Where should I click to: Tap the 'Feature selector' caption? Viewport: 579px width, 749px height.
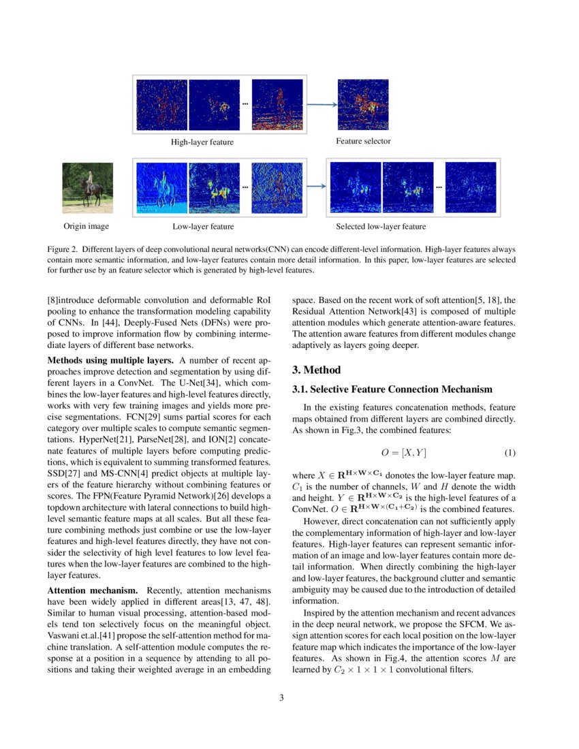363,142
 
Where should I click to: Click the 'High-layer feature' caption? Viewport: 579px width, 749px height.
202,142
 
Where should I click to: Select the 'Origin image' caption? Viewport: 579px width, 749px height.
87,226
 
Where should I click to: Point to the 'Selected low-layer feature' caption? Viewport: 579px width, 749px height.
381,227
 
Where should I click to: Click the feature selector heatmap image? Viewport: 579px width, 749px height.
364,105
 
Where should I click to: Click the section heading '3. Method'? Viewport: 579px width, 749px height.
317,370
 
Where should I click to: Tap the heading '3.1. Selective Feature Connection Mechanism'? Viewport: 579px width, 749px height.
392,389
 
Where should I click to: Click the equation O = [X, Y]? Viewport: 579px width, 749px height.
404,452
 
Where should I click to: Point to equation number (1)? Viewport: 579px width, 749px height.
510,452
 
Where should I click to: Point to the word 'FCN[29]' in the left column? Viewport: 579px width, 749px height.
123,413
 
